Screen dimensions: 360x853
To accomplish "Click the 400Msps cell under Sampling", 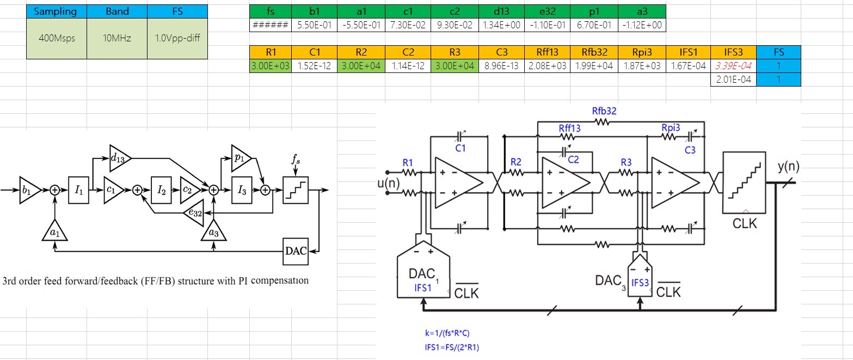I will [57, 38].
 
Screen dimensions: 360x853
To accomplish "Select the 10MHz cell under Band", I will [117, 38].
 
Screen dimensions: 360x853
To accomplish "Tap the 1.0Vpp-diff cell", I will [177, 38].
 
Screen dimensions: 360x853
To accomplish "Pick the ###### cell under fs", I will [271, 25].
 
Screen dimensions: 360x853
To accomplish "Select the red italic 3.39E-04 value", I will [733, 66].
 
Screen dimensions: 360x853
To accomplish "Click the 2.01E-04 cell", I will [733, 80].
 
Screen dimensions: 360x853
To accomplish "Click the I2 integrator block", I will [161, 190].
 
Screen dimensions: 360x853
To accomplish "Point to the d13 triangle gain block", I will [119, 157].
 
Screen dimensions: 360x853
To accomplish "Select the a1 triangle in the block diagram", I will [54, 233].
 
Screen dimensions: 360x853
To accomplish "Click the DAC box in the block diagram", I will [295, 251].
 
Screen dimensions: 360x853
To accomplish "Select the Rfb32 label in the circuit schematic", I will [604, 111].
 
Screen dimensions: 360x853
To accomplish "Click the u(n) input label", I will [389, 184].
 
